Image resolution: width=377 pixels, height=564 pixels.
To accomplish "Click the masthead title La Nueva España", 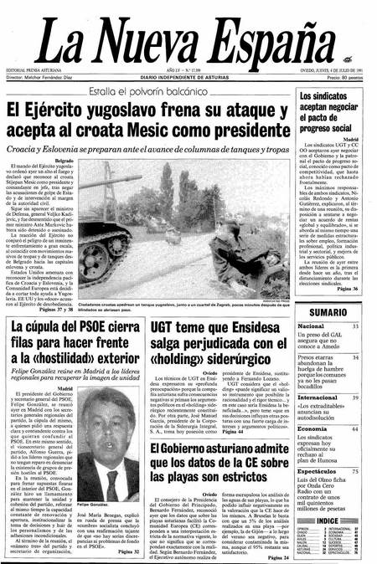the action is coord(188,36).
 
